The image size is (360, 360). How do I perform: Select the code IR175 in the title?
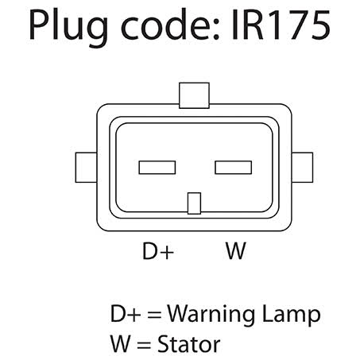tap(281, 25)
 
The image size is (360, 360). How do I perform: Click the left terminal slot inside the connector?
tap(157, 168)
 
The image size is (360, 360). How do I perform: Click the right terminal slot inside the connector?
tap(233, 168)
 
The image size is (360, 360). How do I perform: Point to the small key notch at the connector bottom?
tap(194, 203)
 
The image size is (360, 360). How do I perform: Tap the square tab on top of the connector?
tap(194, 95)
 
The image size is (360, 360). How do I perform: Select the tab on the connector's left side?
tap(86, 168)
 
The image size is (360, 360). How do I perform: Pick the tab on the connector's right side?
tap(302, 168)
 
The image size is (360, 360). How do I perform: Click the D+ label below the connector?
tap(158, 250)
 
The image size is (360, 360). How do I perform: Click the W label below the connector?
tap(236, 250)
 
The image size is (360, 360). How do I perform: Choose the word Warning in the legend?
tap(211, 314)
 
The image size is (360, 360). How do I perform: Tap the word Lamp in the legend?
tap(291, 314)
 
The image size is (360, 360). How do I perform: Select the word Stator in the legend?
tap(189, 344)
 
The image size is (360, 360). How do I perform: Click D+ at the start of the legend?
tap(126, 314)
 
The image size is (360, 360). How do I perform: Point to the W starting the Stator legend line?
tap(121, 344)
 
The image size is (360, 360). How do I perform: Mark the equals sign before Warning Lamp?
tap(154, 315)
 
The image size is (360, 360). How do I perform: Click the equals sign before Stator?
tap(145, 345)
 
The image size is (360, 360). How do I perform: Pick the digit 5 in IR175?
tap(320, 25)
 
